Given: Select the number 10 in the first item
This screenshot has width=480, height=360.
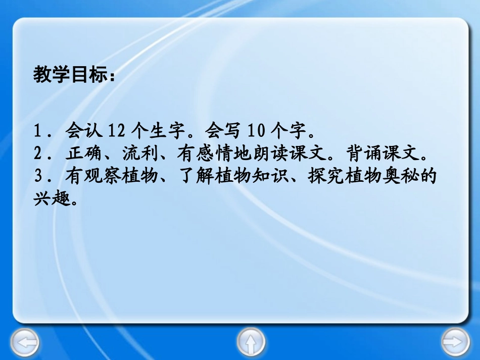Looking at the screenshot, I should click(256, 132).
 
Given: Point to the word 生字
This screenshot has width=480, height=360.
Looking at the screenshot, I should click(170, 132).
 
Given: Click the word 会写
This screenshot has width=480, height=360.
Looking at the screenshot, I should click(222, 132).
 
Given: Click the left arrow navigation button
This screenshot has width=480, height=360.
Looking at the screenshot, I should click(25, 343).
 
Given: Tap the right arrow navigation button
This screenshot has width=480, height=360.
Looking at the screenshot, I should click(455, 343).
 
